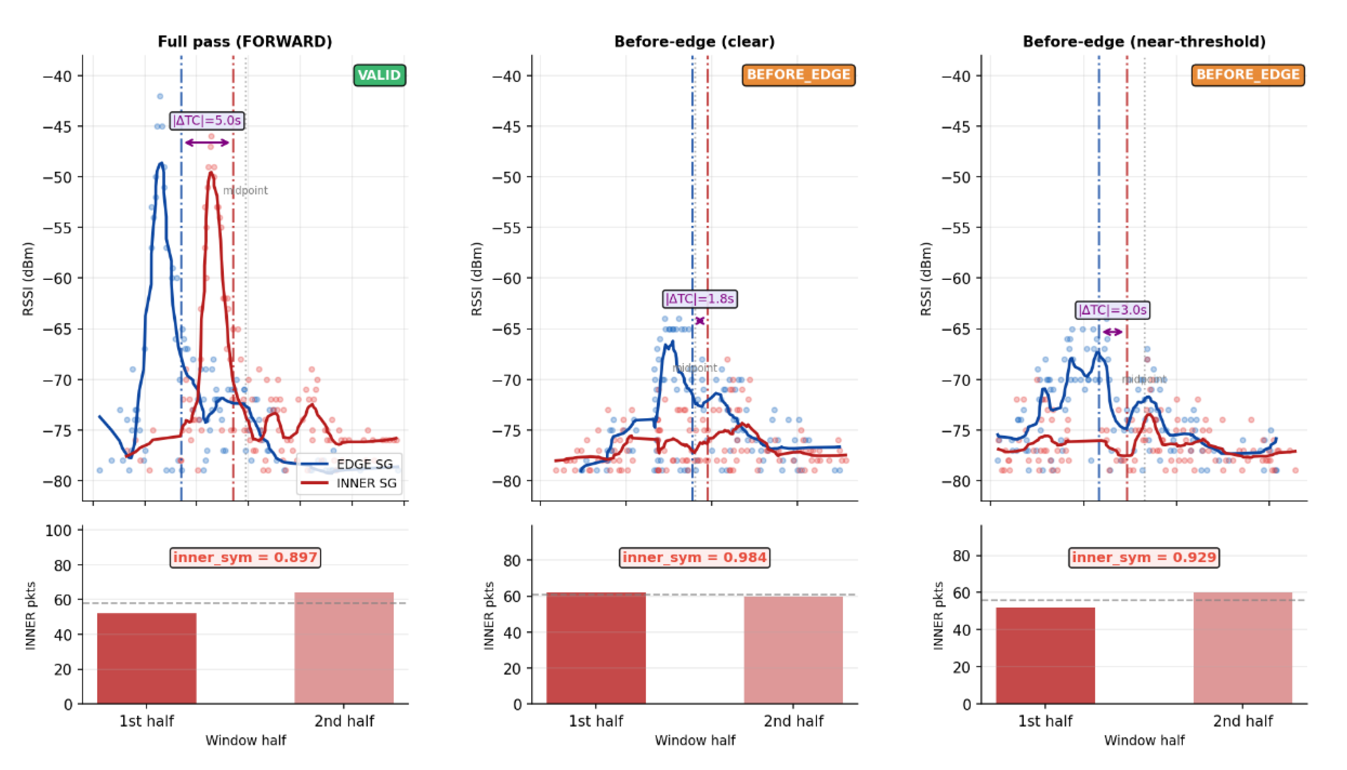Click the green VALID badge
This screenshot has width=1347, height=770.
point(379,75)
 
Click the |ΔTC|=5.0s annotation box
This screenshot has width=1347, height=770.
point(207,120)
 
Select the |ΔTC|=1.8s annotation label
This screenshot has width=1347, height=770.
point(699,299)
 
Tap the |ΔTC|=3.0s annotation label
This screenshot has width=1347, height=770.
point(1112,310)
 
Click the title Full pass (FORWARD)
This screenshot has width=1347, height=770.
point(245,41)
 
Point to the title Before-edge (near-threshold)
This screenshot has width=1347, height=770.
point(1144,41)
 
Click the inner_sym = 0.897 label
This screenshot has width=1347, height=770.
point(245,557)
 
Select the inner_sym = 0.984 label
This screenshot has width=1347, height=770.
point(695,557)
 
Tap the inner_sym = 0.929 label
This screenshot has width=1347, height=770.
point(1144,557)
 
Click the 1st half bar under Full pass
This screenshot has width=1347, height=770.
point(146,658)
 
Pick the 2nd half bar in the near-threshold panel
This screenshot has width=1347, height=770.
point(1243,648)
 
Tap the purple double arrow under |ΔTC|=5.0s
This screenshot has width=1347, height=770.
point(207,142)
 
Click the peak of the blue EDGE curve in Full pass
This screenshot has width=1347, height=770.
point(161,163)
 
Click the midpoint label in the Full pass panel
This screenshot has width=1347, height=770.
point(245,190)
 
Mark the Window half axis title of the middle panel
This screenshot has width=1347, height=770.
point(695,740)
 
